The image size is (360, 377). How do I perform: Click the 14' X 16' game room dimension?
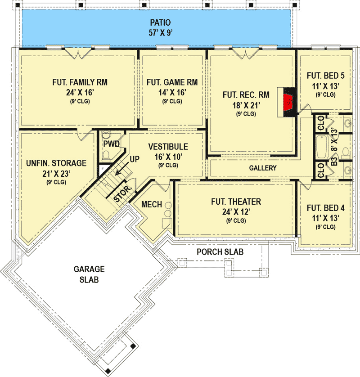(172, 92)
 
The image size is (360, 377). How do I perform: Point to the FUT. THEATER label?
(236, 202)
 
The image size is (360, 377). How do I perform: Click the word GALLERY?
(263, 168)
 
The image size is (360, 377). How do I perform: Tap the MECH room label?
(152, 204)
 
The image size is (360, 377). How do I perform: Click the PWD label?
(111, 144)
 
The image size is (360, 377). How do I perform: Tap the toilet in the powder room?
(106, 155)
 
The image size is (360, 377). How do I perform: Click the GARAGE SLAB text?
(89, 274)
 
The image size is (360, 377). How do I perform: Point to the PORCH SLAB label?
(220, 252)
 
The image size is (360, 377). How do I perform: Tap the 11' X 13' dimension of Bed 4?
(326, 218)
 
